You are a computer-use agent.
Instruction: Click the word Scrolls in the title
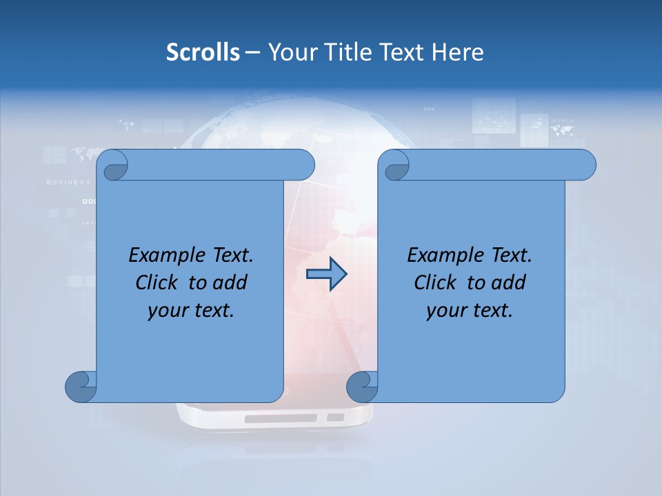pos(203,52)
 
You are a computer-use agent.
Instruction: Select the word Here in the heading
pos(458,52)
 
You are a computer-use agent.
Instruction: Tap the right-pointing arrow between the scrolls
pos(326,274)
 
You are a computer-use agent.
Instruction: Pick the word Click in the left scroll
pos(157,282)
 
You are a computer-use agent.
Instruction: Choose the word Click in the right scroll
pos(436,282)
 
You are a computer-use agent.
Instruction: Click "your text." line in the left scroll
pos(191,310)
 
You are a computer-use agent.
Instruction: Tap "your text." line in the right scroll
pos(470,310)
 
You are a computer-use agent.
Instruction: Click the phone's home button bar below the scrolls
pos(280,418)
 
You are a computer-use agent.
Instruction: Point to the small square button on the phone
pos(335,417)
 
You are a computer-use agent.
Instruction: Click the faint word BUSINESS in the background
pos(68,183)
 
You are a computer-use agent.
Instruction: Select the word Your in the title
pos(288,52)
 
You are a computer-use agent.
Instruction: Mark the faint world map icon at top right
pos(562,127)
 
